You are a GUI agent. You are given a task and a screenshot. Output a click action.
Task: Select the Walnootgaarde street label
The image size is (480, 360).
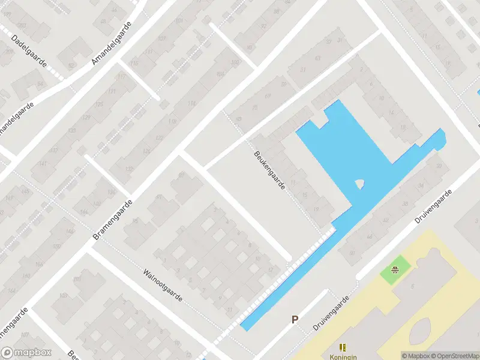164,284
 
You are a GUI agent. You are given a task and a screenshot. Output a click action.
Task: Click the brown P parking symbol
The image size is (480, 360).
295,320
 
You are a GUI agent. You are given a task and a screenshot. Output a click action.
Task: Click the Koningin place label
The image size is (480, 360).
343,355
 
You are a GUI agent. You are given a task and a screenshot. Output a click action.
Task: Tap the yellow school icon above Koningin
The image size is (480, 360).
343,347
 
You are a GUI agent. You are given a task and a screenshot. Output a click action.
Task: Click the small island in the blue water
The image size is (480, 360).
359,184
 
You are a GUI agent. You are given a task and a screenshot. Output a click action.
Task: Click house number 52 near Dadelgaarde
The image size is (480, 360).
71,65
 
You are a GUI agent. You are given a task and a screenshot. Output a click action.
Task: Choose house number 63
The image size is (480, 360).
317,58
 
